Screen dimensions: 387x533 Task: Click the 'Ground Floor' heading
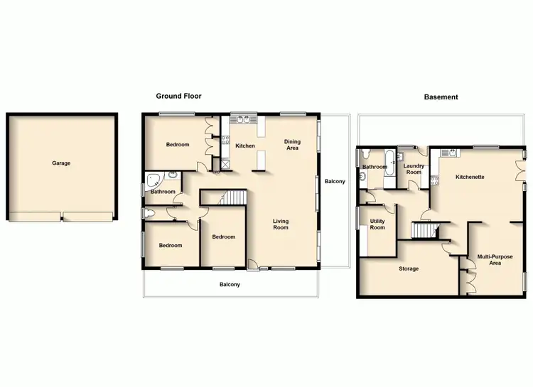coord(179,96)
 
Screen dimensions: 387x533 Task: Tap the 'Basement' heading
coord(441,97)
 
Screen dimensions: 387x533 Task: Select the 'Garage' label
coord(61,163)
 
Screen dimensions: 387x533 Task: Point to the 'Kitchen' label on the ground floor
coord(245,146)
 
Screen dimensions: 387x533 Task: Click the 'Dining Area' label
coord(292,145)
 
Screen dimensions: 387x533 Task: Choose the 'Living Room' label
coord(281,224)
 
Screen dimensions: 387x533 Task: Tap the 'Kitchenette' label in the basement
coord(470,177)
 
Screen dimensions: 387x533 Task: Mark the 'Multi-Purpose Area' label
coord(495,260)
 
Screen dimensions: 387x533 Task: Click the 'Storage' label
coord(409,268)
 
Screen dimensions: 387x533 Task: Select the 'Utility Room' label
coord(377,224)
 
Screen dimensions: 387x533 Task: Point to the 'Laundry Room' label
coord(414,169)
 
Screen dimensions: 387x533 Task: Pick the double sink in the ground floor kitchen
coord(245,119)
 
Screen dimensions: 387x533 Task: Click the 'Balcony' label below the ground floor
coord(230,285)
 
